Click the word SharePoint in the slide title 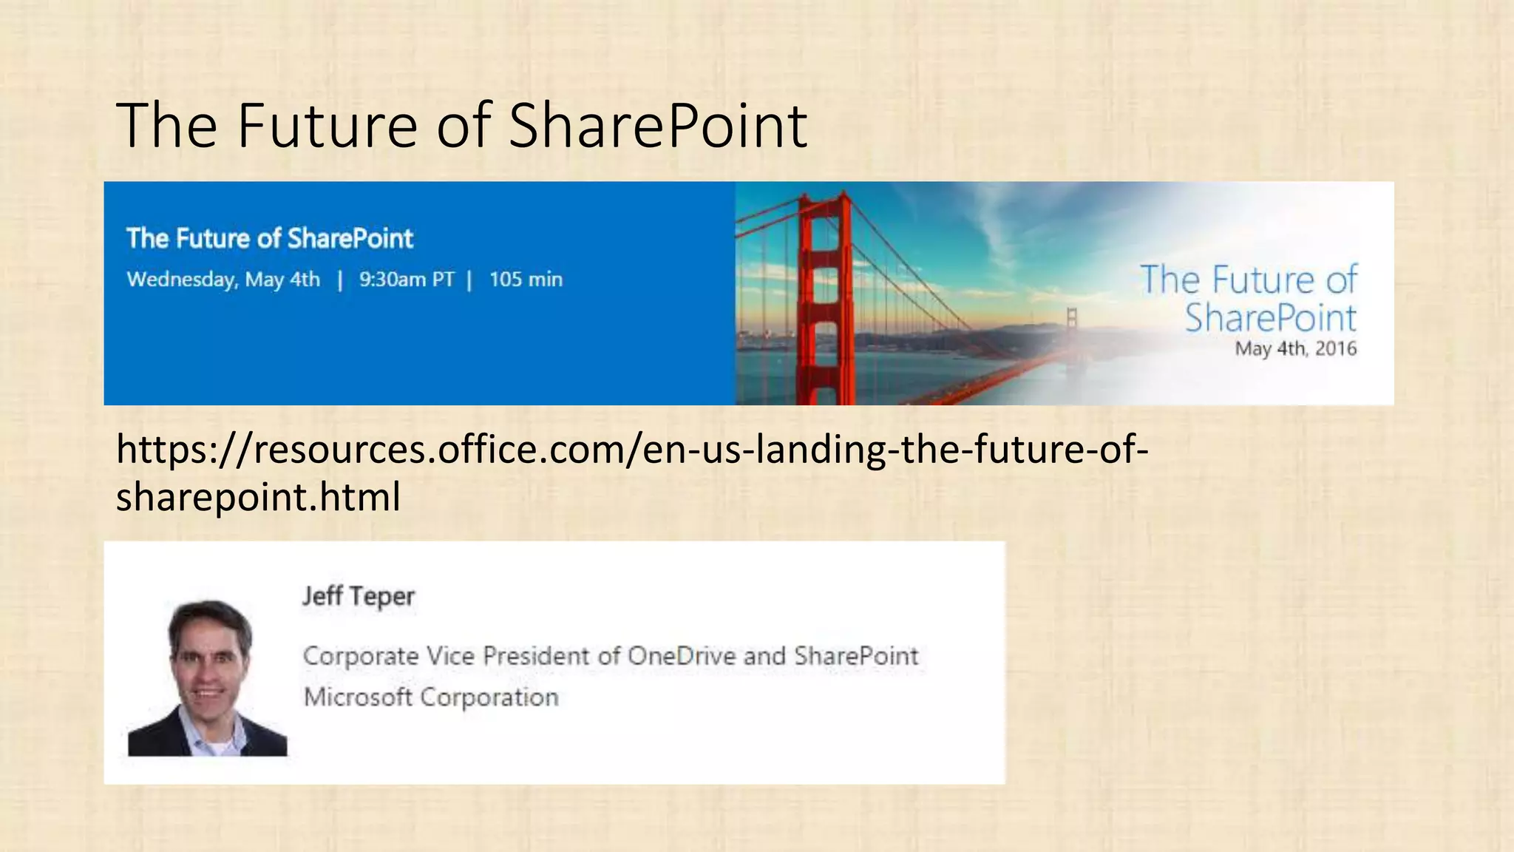click(658, 126)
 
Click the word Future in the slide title click(327, 126)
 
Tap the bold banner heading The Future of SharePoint click(269, 238)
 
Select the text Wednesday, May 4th click(223, 280)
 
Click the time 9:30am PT click(407, 280)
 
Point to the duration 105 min click(526, 280)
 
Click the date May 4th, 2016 click(1295, 348)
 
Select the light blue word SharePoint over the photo click(1270, 318)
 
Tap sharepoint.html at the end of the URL click(258, 496)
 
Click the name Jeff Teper click(358, 596)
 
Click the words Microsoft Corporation click(431, 697)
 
